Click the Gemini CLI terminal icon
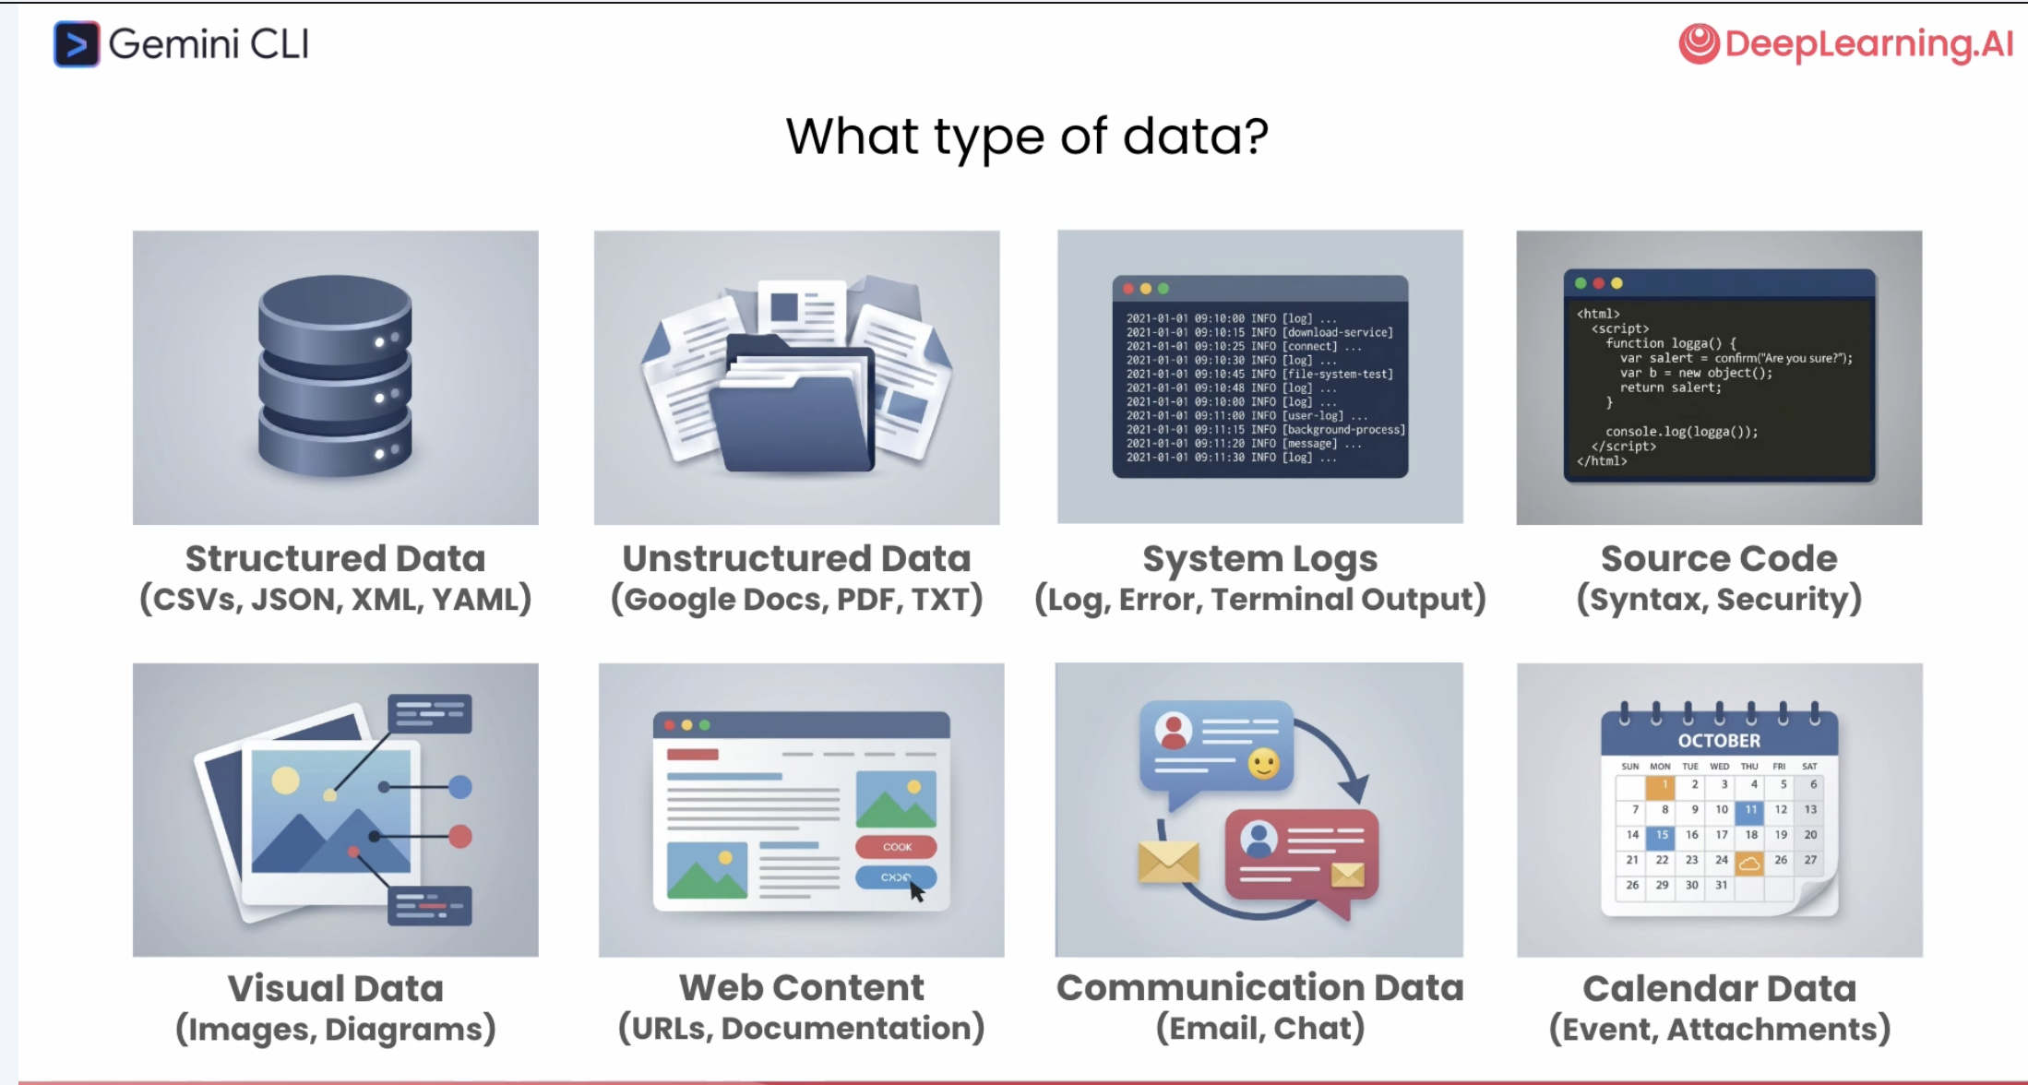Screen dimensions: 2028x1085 point(76,44)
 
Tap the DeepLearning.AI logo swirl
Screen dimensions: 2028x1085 point(1699,43)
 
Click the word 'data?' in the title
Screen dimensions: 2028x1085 point(1196,137)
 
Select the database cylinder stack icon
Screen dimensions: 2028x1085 point(335,376)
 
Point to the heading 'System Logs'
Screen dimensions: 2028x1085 point(1259,558)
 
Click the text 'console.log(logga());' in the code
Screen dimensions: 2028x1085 point(1681,431)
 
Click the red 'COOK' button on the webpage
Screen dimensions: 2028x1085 point(896,847)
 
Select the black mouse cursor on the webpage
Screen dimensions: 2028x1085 point(916,891)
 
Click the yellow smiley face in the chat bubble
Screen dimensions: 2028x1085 point(1263,764)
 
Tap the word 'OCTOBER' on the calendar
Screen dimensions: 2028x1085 point(1719,741)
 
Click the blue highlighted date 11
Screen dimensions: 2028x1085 point(1750,810)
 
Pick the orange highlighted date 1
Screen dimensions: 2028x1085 point(1662,785)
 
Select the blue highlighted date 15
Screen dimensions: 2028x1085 point(1662,835)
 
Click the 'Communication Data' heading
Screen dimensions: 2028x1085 point(1259,988)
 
